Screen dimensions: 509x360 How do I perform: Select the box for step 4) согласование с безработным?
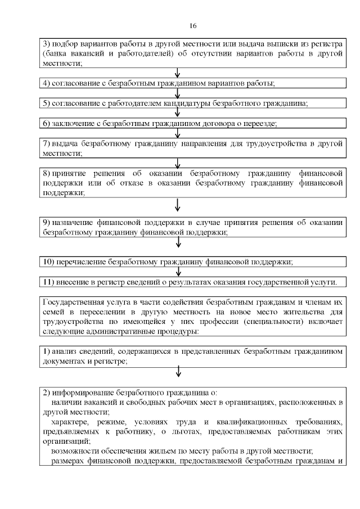coord(193,83)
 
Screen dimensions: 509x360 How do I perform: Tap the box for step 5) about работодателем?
coord(193,103)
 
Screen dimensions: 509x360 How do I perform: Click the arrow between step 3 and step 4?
coord(178,73)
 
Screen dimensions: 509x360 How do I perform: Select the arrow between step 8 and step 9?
coord(178,204)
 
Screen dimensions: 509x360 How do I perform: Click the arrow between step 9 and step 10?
coord(178,242)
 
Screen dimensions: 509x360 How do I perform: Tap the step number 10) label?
coord(49,262)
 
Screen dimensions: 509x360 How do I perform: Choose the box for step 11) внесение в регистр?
coord(193,281)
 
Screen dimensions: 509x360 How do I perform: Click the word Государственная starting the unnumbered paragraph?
coord(74,303)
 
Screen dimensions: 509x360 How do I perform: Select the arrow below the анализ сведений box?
coord(178,371)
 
